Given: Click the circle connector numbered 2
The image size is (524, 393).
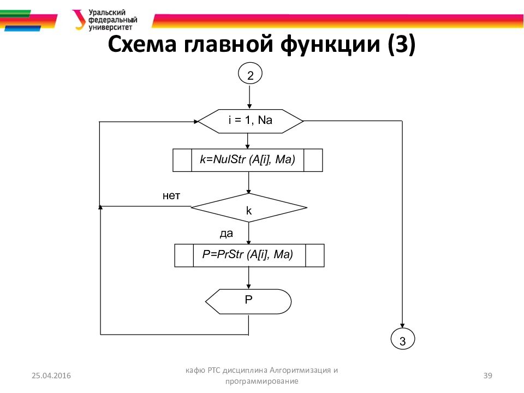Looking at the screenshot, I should tap(250, 75).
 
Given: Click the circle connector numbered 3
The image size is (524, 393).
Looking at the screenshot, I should tap(403, 341).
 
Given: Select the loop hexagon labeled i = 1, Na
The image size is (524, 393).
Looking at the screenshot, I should tap(249, 121).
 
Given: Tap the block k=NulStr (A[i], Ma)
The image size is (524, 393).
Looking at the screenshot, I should tap(248, 160).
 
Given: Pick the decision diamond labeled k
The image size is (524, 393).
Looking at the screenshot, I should tap(249, 208).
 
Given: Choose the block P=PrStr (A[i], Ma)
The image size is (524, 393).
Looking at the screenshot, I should tap(249, 255).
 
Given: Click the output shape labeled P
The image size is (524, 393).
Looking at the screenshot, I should tap(249, 301).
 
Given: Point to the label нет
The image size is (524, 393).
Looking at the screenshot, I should tap(171, 195).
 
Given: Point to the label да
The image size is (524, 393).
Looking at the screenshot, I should tap(226, 234).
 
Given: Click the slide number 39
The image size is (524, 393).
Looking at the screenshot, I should tap(489, 375).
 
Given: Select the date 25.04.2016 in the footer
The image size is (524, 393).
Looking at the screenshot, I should tap(51, 376).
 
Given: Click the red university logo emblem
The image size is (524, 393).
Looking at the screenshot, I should tap(79, 19).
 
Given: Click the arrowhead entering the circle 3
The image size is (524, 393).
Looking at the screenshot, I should tap(403, 326).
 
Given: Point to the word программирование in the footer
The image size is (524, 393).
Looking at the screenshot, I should tap(261, 382).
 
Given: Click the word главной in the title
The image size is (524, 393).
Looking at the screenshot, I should tap(228, 45).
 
